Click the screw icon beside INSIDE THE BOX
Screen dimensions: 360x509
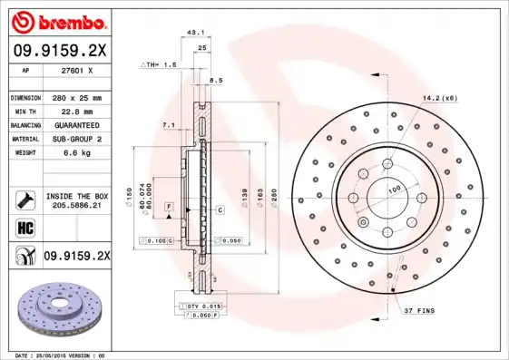pyautogui.click(x=24, y=199)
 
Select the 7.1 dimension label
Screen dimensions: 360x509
pyautogui.click(x=168, y=123)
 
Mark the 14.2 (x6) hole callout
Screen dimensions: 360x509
pyautogui.click(x=438, y=97)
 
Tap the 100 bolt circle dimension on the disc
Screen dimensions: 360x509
pyautogui.click(x=395, y=189)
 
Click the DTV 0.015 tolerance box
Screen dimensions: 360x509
pyautogui.click(x=202, y=307)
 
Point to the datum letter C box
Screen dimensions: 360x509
pyautogui.click(x=220, y=209)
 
